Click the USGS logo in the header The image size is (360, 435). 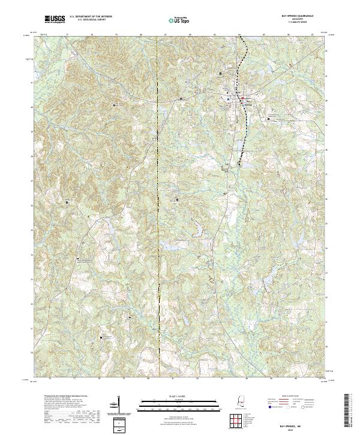tap(55, 20)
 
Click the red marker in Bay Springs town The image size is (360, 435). tap(242, 98)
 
